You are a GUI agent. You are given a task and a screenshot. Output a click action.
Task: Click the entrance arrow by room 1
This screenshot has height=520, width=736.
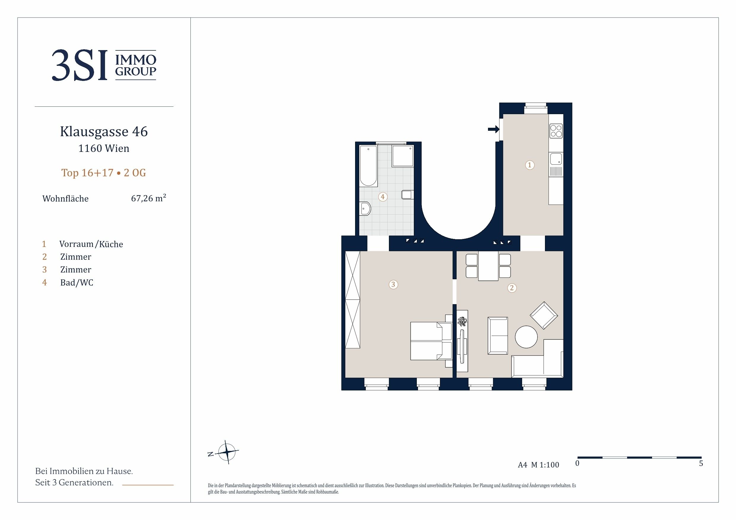(494, 129)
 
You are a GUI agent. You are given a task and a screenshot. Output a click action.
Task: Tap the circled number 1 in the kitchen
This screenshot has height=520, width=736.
(530, 165)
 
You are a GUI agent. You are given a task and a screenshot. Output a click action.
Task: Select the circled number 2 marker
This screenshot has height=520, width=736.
(512, 288)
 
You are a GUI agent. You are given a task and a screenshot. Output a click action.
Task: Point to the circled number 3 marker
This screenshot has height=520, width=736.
(393, 284)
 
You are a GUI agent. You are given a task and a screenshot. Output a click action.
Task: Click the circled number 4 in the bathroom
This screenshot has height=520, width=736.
(382, 197)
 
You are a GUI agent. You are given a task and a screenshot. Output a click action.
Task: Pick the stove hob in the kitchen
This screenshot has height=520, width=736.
(556, 131)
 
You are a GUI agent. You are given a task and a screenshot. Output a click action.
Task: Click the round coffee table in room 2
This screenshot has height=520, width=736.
(526, 337)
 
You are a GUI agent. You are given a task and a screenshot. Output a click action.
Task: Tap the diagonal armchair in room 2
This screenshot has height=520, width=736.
(544, 315)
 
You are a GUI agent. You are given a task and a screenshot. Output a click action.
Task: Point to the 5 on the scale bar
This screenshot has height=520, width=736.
(701, 463)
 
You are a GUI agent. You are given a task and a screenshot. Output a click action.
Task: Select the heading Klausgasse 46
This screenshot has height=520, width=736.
(104, 131)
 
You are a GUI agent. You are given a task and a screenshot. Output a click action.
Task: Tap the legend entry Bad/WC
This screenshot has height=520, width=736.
(77, 283)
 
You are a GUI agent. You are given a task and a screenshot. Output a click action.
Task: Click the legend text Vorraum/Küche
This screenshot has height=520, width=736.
(91, 244)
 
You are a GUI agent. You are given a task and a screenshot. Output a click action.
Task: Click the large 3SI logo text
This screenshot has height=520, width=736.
(79, 65)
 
